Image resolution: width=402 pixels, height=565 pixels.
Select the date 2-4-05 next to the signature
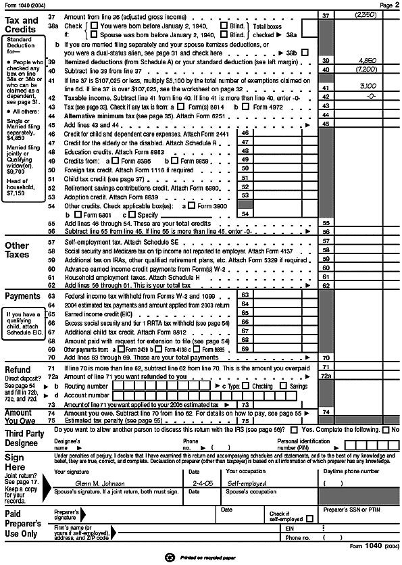pyautogui.click(x=199, y=483)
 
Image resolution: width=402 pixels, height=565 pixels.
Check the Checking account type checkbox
pyautogui.click(x=247, y=386)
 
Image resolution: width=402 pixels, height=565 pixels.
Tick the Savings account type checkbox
pyautogui.click(x=284, y=386)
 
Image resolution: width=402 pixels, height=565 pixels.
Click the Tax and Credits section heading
pyautogui.click(x=22, y=26)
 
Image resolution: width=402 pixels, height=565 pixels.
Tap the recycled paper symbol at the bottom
pyautogui.click(x=170, y=558)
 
